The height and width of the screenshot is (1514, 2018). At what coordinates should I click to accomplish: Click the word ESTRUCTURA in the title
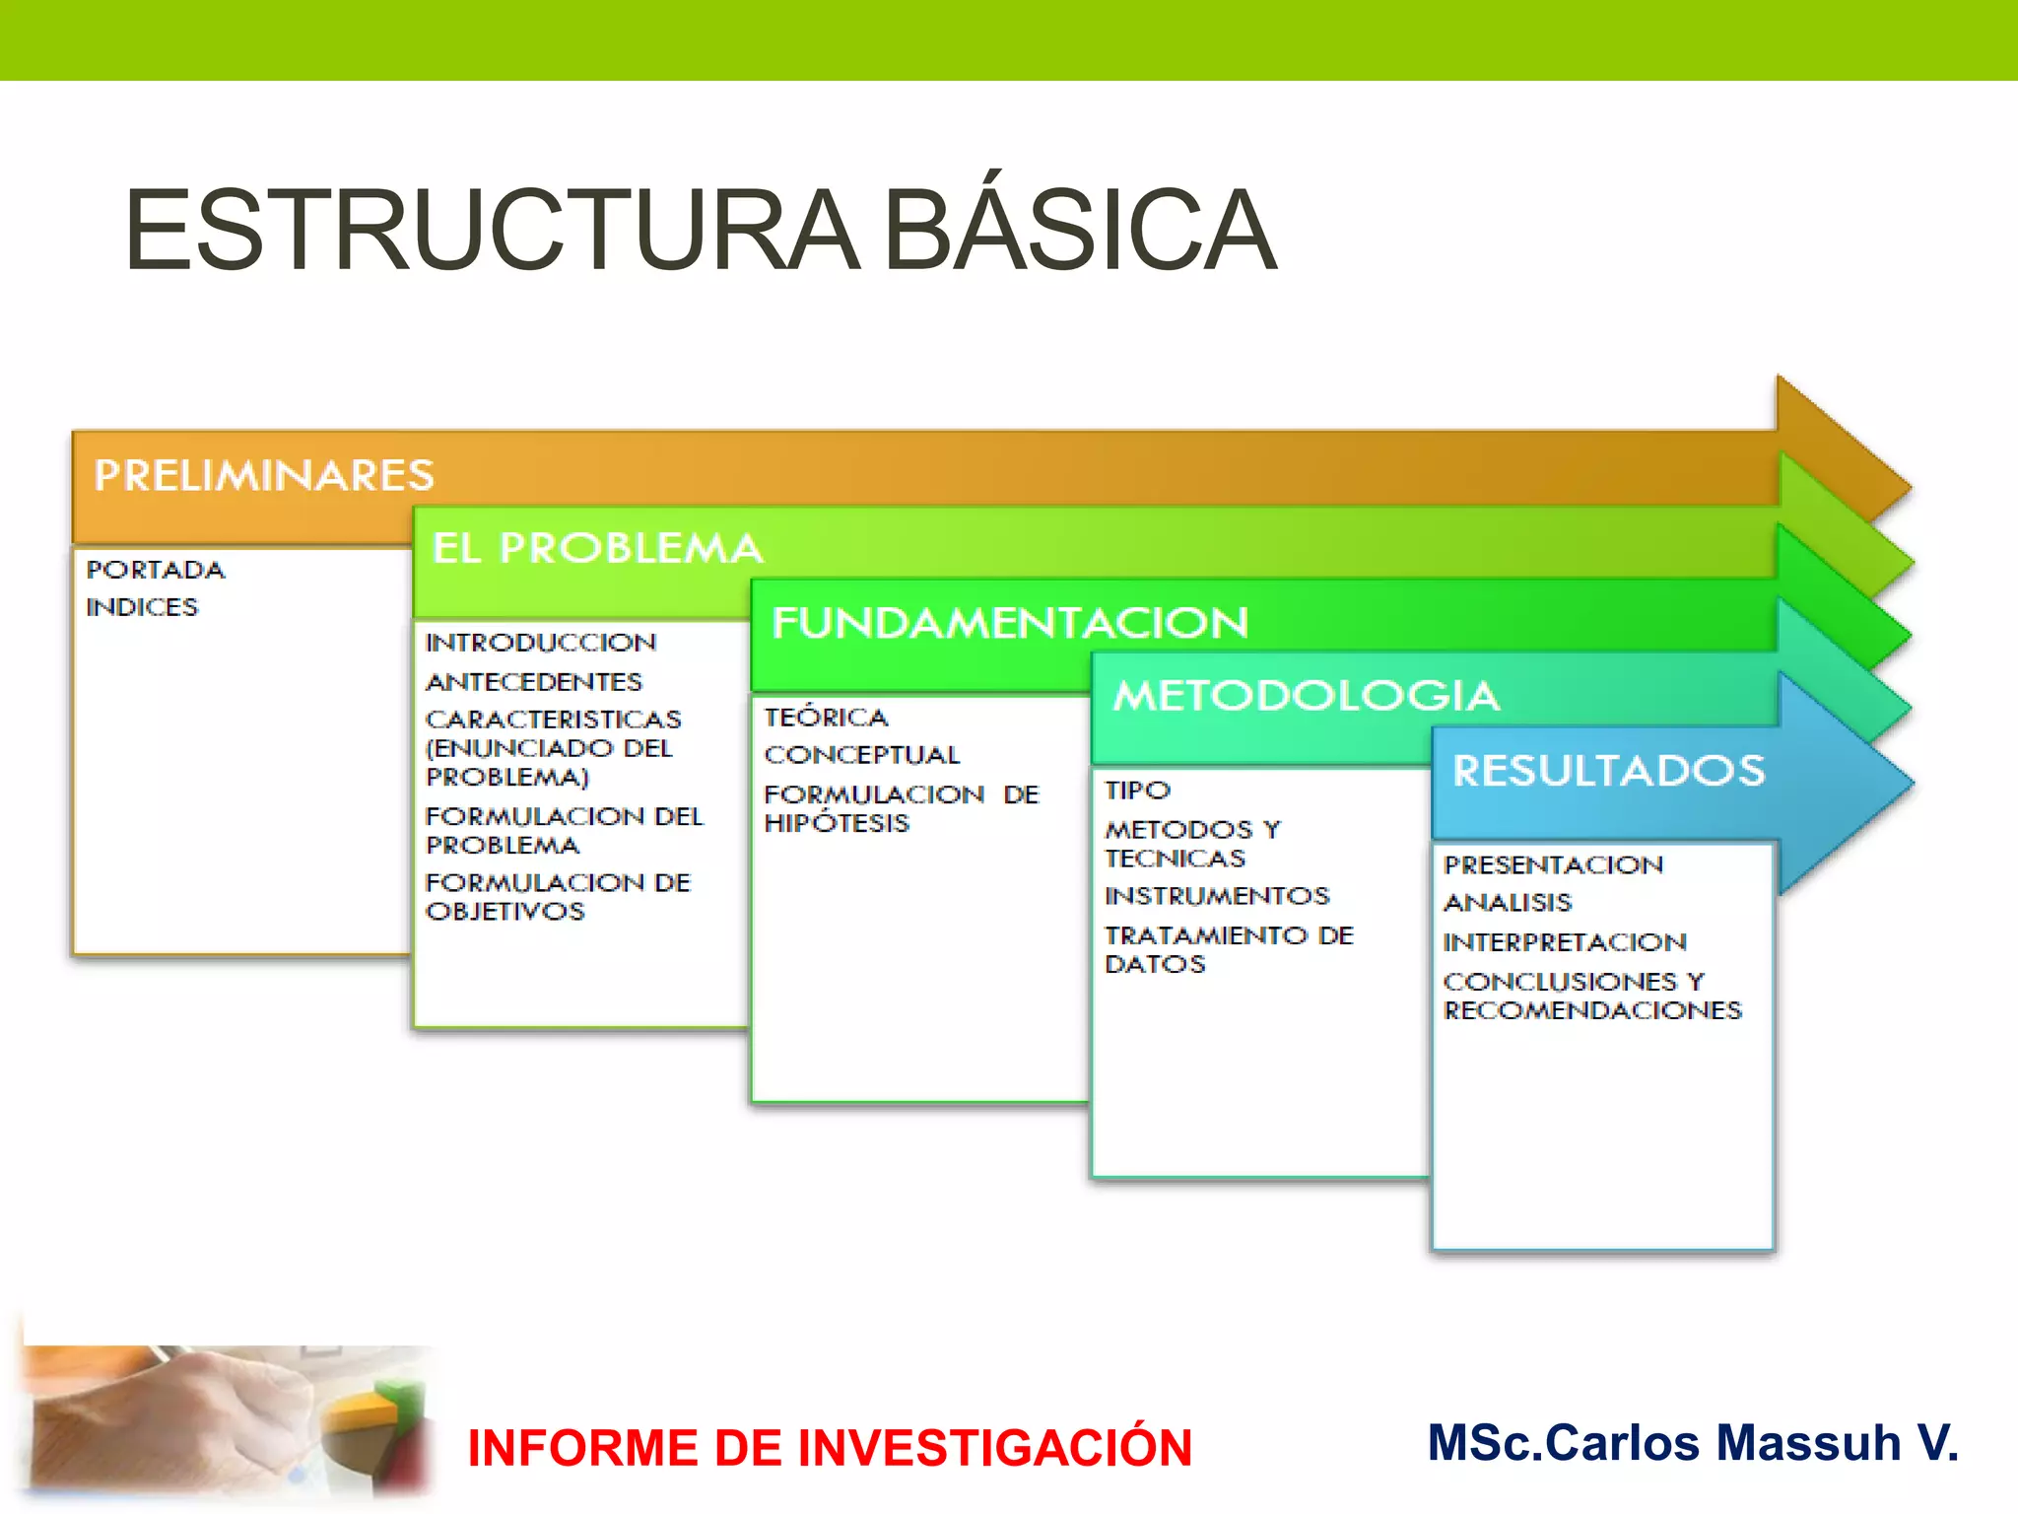(x=491, y=232)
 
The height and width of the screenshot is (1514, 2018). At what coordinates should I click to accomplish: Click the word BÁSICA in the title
(x=1080, y=232)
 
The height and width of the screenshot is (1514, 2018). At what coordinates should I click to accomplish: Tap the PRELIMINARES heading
(x=264, y=475)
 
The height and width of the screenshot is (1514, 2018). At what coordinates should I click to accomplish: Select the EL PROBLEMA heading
(x=597, y=548)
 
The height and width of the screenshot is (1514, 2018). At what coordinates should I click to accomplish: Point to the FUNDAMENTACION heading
(x=1010, y=623)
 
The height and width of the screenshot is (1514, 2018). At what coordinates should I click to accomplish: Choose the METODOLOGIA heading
(x=1307, y=696)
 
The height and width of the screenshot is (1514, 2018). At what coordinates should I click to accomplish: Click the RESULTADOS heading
(x=1608, y=771)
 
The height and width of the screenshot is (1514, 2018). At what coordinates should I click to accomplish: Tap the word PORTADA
(x=156, y=570)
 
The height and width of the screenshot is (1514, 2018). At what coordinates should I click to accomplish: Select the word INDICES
(x=142, y=607)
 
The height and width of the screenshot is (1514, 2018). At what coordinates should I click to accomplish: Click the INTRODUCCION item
(x=540, y=643)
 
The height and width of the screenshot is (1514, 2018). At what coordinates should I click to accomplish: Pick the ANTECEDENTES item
(x=533, y=682)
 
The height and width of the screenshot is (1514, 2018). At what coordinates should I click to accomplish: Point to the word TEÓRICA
(x=826, y=718)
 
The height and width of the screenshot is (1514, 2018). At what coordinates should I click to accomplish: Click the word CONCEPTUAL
(x=861, y=755)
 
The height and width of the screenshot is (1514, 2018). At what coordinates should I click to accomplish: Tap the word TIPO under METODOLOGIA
(x=1137, y=791)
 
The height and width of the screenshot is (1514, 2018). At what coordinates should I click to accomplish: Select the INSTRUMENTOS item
(x=1217, y=896)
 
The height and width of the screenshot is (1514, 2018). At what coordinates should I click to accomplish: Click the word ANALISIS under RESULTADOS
(x=1508, y=903)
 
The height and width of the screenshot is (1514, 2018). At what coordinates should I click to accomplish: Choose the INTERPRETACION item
(x=1565, y=942)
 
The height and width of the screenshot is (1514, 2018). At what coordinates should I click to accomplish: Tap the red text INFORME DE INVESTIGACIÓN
(x=830, y=1448)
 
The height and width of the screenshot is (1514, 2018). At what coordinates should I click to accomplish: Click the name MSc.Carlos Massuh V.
(x=1693, y=1443)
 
